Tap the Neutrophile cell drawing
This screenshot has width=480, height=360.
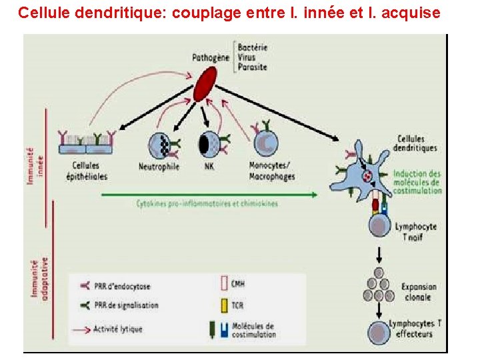[160, 144]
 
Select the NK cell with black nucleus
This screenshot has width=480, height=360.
[208, 144]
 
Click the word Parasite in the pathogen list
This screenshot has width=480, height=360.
[253, 67]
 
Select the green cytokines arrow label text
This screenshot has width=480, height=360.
[207, 203]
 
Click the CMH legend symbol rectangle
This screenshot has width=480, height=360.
[223, 285]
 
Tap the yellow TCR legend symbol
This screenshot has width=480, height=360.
[223, 306]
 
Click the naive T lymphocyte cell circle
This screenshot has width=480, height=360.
[379, 227]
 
